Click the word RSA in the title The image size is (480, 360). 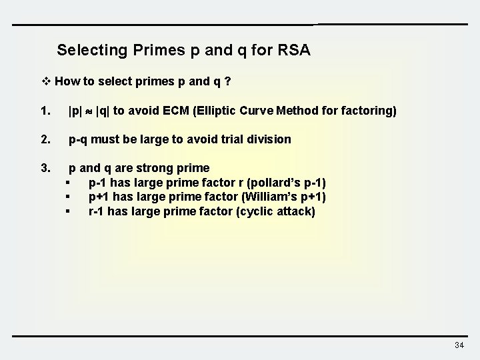[294, 50]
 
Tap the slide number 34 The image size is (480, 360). [459, 345]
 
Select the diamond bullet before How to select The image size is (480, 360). [47, 83]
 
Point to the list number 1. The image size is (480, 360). [45, 111]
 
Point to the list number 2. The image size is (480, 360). [45, 139]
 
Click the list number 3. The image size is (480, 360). [45, 168]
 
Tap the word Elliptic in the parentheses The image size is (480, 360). [214, 111]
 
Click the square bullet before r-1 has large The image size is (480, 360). [68, 211]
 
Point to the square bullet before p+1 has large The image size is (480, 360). [68, 197]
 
